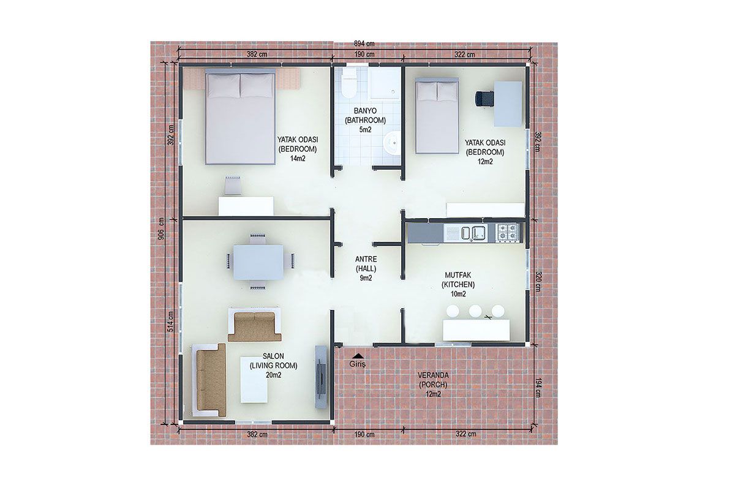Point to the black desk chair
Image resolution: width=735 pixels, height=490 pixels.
coord(484,99)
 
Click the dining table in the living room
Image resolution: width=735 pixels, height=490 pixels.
coord(258,262)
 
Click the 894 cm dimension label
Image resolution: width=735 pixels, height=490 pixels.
coord(364,43)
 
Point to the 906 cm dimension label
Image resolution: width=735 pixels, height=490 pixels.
coord(161,229)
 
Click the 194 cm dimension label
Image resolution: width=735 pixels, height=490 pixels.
coord(538,387)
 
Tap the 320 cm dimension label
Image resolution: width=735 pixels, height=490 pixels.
coord(538,281)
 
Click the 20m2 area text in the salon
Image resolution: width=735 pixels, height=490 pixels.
coord(273,375)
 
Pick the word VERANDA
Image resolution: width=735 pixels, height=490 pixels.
coord(433,375)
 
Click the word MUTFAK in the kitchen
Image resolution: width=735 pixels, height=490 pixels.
coord(458,274)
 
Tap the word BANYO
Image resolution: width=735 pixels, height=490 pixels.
coord(365,111)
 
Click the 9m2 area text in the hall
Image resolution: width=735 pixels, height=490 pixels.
coord(366,278)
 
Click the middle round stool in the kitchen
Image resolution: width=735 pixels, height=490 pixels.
coord(475,311)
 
